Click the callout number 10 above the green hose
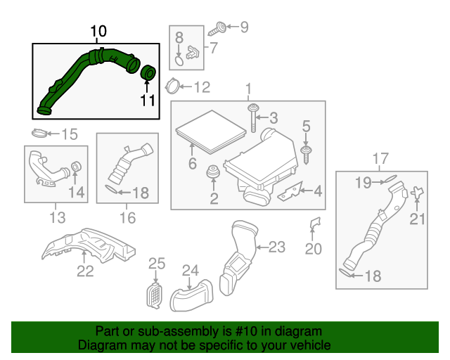[98, 32]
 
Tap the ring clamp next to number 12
[170, 87]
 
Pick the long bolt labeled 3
[252, 116]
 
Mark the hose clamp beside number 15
[41, 134]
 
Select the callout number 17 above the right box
[380, 158]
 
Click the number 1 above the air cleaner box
[247, 89]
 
